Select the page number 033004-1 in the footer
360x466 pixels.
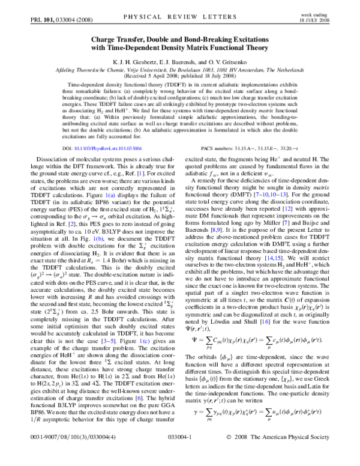[180, 454]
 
